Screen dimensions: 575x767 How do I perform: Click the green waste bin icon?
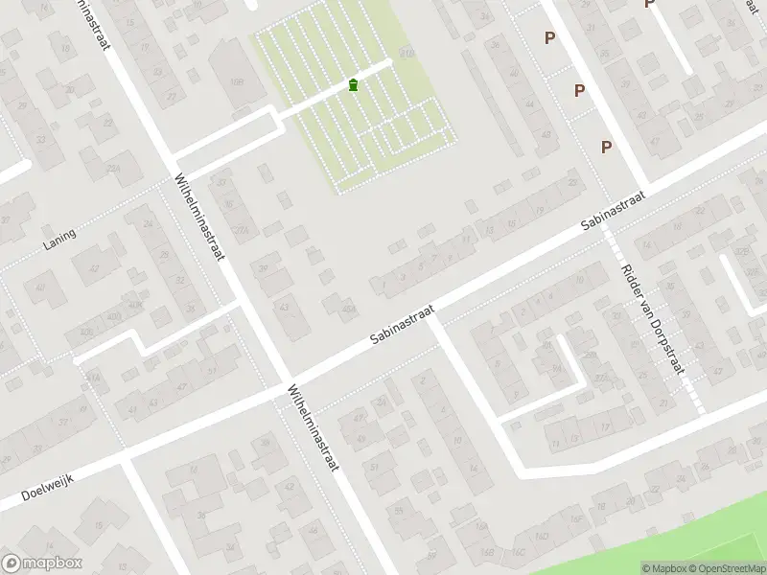pos(354,85)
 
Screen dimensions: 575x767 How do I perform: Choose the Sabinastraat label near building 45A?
pos(404,327)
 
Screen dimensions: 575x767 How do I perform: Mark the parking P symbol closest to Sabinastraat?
pos(606,147)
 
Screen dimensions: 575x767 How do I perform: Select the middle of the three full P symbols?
pos(579,90)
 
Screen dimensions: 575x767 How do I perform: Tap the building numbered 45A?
pos(349,309)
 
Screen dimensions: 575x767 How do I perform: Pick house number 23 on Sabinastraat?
pos(573,182)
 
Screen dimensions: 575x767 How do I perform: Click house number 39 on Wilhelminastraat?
pos(264,268)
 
